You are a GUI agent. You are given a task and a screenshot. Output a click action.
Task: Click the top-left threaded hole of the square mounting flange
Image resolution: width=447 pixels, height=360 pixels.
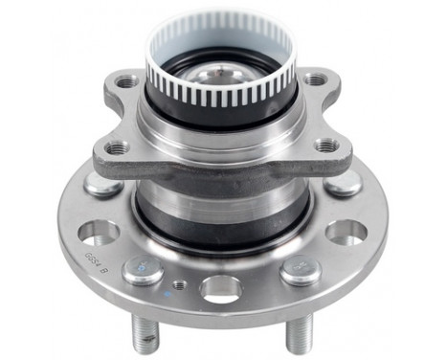pos(127,82)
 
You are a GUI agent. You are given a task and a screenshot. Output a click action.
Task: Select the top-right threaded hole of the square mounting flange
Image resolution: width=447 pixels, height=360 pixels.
pos(314,79)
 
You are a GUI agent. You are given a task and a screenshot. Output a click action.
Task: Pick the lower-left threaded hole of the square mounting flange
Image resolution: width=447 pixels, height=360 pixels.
pos(117,147)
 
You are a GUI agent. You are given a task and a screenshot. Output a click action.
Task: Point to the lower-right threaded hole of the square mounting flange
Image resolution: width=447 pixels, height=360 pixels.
pos(326,146)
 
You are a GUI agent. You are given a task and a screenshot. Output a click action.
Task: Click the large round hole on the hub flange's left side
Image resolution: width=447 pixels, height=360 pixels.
pos(99,232)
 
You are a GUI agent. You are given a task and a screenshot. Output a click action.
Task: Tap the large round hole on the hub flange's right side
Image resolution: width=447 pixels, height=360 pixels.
pos(346,232)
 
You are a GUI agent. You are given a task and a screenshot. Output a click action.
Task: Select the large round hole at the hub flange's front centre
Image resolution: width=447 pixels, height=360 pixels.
pos(221,287)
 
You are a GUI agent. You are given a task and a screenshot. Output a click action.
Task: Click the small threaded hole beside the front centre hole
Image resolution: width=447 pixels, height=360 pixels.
pos(179,284)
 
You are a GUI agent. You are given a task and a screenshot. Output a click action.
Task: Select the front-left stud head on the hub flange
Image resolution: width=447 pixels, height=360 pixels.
pos(143,270)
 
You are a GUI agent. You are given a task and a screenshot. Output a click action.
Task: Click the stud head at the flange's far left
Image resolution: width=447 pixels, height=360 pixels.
pos(102,184)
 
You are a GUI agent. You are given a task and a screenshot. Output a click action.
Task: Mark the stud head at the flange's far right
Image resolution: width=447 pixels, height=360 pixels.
pos(343,183)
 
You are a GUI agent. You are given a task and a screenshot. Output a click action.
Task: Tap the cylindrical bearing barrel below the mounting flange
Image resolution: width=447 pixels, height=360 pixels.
pos(221,206)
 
